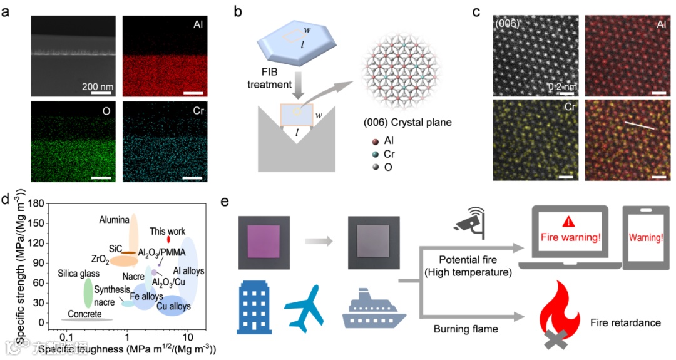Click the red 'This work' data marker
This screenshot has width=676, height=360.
[168, 239]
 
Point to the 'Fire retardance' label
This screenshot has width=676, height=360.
[625, 322]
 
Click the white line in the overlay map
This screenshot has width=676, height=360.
[639, 125]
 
